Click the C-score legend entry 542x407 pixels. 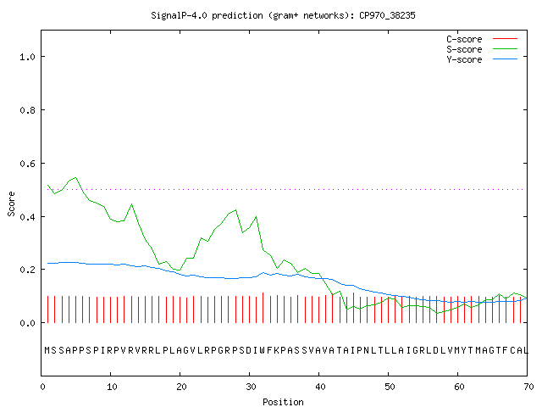click(482, 39)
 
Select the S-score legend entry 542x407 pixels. click(482, 49)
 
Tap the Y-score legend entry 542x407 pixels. click(482, 59)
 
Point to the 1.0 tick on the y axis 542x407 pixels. click(27, 57)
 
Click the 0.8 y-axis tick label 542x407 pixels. click(27, 110)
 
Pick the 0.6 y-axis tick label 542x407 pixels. click(27, 164)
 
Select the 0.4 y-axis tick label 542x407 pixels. click(27, 217)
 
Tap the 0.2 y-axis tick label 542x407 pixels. click(27, 270)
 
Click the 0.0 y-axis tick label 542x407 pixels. click(27, 323)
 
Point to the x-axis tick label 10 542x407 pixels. click(112, 387)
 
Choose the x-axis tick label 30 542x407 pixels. click(251, 387)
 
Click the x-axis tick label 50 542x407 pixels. click(390, 387)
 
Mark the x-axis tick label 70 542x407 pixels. click(528, 387)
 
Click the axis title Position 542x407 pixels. click(283, 402)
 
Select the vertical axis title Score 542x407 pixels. click(11, 203)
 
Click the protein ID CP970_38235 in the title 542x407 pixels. click(387, 15)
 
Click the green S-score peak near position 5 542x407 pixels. click(75, 177)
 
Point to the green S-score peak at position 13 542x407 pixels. click(132, 204)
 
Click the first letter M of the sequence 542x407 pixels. click(47, 350)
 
